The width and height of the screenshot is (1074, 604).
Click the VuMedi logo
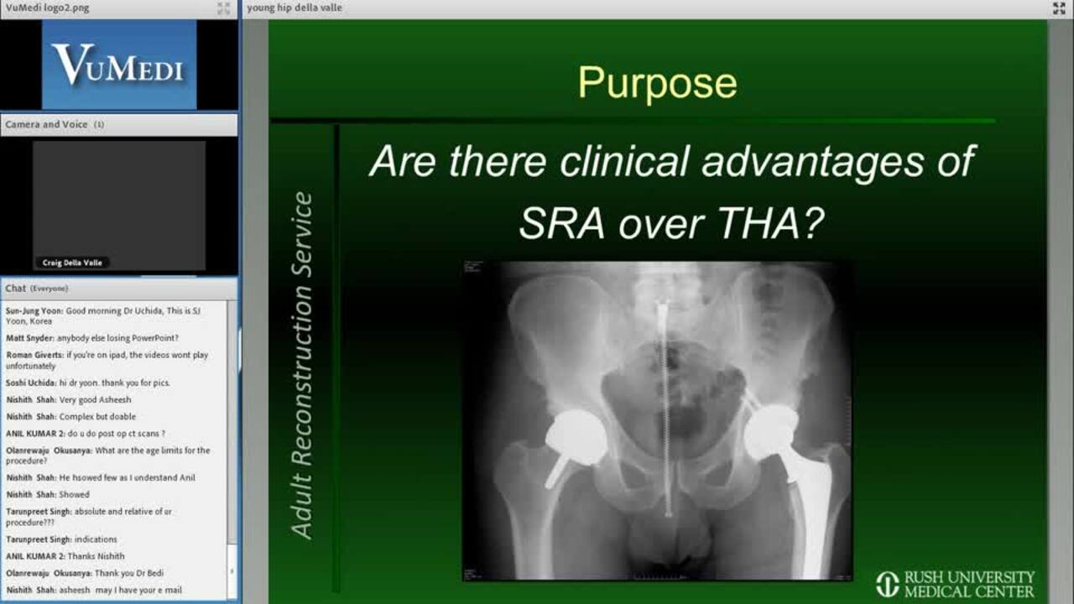point(119,65)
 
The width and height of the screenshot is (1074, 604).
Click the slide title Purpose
point(657,83)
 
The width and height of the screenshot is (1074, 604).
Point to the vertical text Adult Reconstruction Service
point(302,365)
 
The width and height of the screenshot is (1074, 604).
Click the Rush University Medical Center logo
point(955,584)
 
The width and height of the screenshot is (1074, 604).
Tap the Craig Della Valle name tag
point(72,263)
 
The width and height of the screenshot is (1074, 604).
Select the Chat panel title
point(15,288)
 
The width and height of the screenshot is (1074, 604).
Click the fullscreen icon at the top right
point(1059,8)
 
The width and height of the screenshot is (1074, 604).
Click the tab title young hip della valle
point(295,8)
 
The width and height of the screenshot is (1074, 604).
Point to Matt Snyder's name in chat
point(29,338)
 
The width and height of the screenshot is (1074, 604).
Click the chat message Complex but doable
point(97,417)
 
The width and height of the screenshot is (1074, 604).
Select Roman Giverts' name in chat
point(34,355)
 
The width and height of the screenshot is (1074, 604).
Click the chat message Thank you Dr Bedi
point(129,573)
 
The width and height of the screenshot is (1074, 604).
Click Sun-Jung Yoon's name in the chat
point(34,311)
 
